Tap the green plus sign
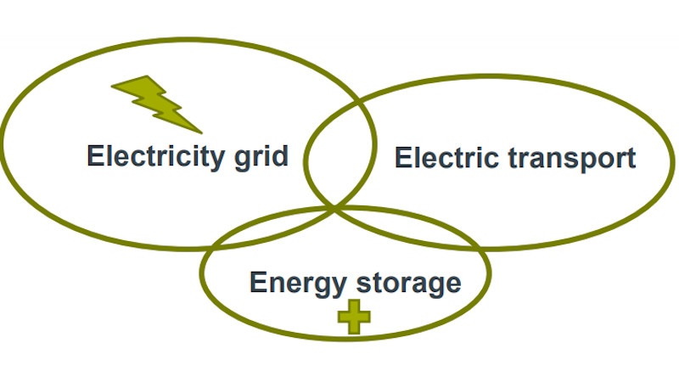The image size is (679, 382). click(355, 317)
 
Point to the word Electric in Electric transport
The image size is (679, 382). click(441, 158)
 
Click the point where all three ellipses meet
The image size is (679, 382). click(337, 207)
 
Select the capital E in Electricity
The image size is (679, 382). click(95, 156)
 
